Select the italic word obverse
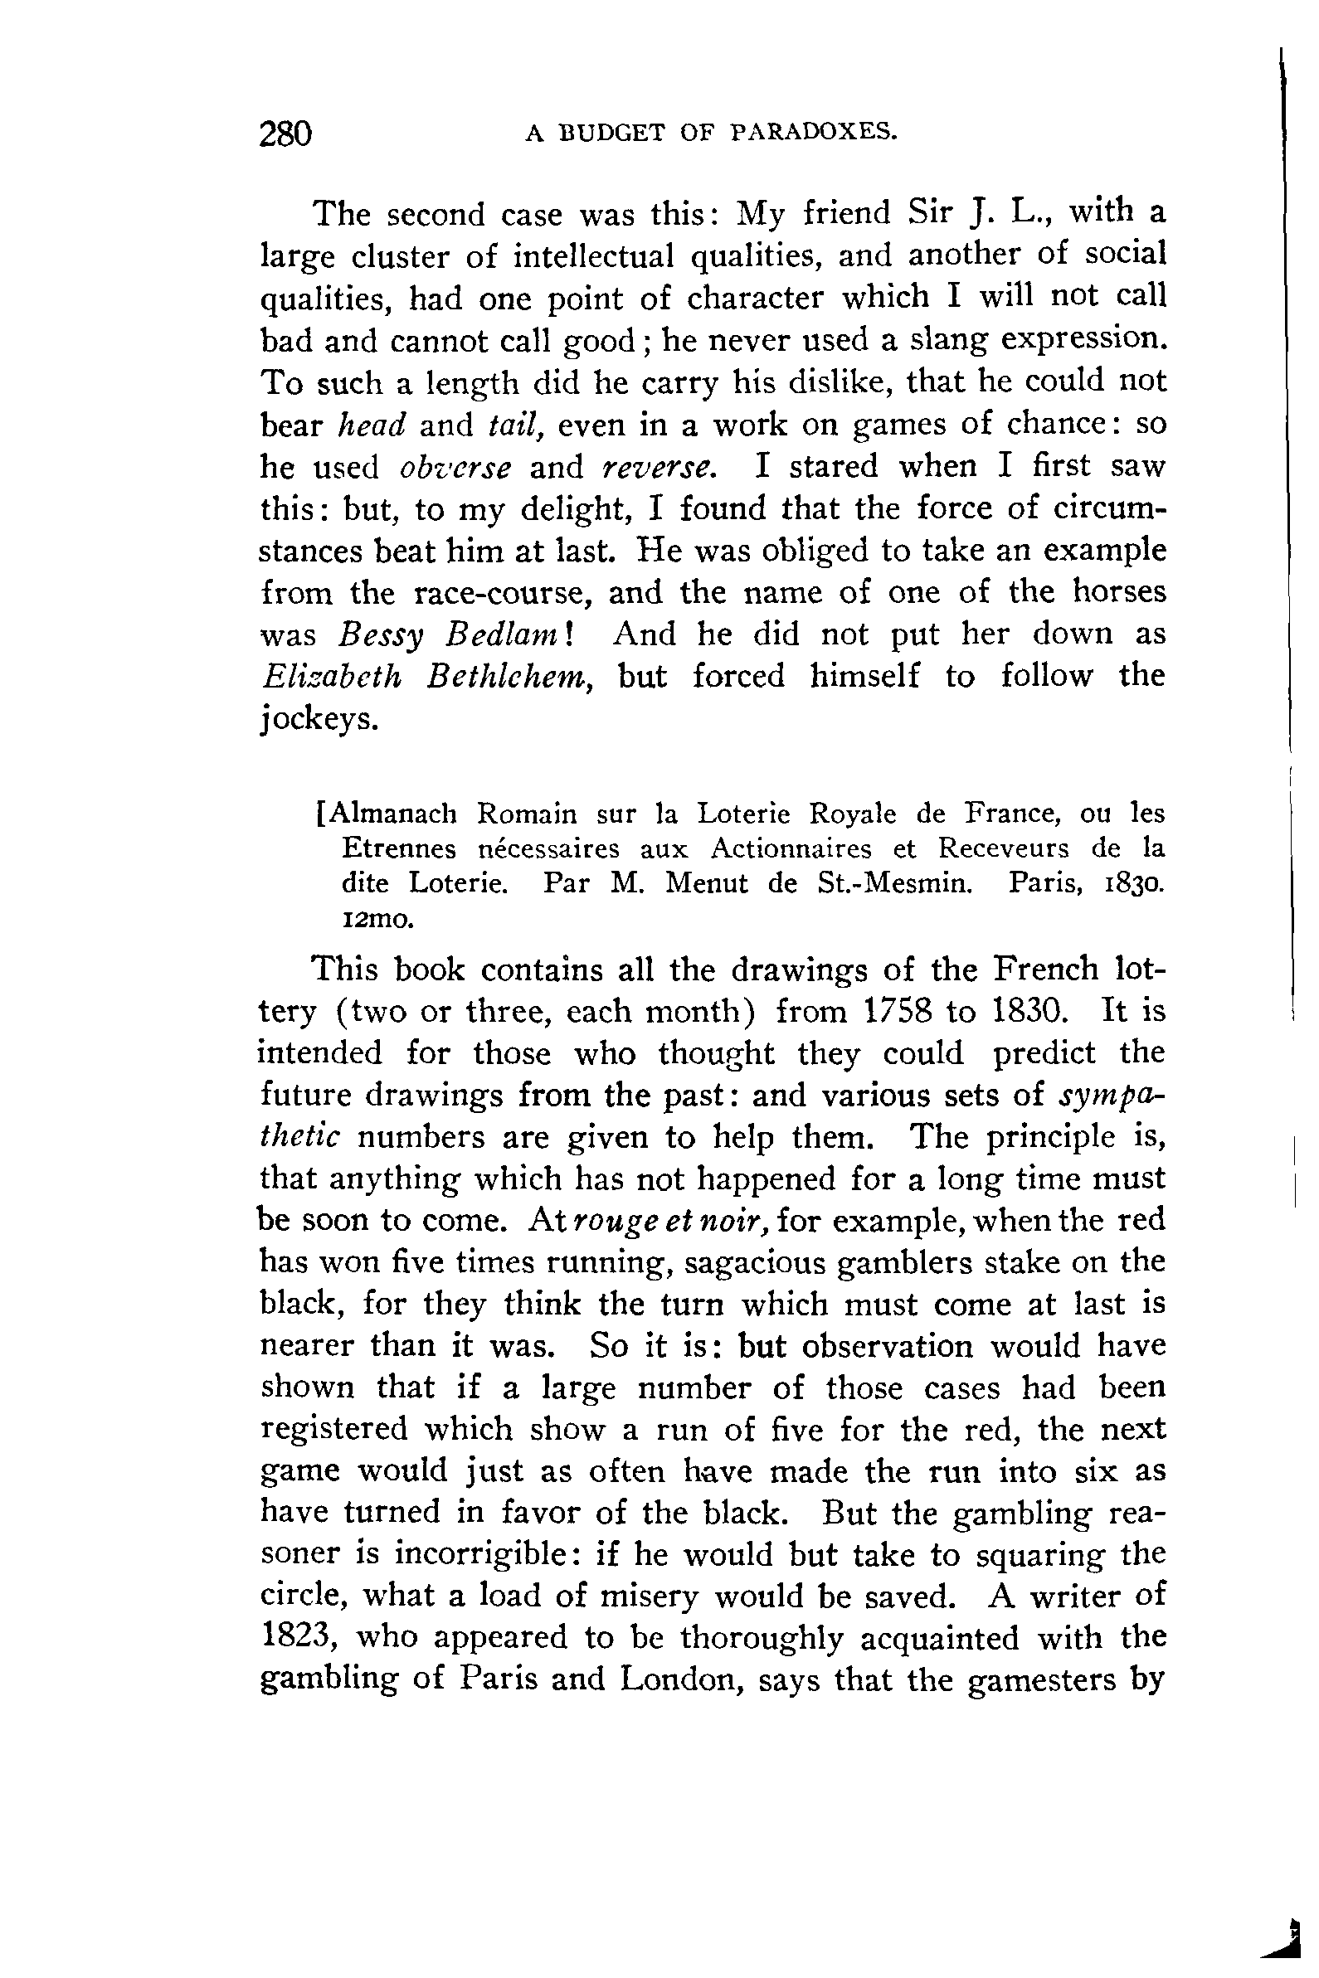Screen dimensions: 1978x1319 point(455,468)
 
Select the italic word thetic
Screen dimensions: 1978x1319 point(300,1137)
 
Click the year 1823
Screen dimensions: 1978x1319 point(295,1637)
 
